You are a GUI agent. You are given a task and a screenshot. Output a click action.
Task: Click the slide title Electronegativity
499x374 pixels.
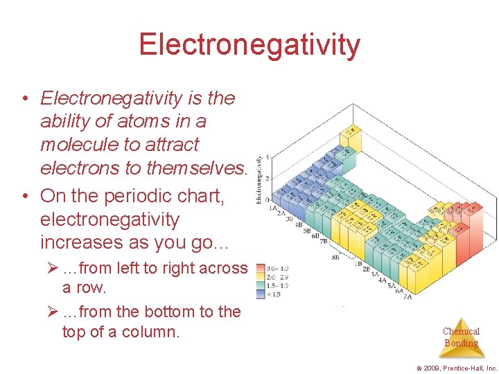point(249,44)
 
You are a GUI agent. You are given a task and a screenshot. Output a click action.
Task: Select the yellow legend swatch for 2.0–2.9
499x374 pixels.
point(261,277)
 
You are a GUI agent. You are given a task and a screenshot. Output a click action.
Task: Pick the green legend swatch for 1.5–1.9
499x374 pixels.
point(261,285)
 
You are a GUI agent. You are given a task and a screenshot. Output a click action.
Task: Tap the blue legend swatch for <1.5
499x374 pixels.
point(261,294)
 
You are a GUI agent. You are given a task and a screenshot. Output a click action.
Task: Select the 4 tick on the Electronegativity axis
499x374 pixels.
point(268,157)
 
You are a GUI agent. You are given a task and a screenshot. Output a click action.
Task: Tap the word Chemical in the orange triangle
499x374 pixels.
point(461,332)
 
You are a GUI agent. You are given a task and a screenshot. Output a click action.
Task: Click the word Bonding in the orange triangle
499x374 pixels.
point(461,343)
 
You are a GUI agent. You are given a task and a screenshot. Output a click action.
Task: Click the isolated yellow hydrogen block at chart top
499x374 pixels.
point(352,131)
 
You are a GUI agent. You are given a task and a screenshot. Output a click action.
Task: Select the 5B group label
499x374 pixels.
point(306,231)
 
